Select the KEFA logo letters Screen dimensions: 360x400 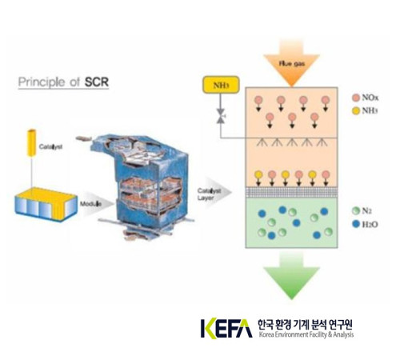226,328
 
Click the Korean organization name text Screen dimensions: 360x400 305,324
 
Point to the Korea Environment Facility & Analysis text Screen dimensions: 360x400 305,335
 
